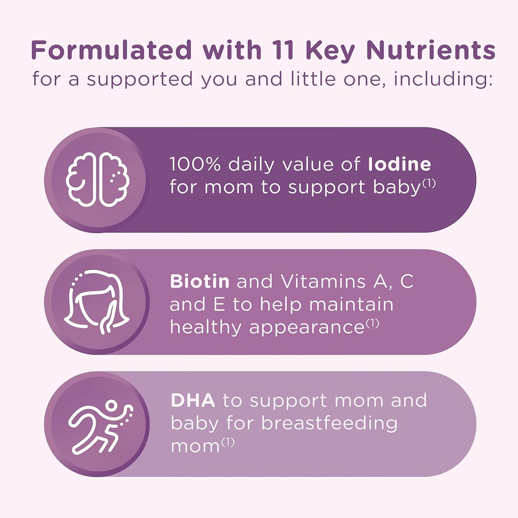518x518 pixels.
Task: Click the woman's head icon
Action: point(96,302)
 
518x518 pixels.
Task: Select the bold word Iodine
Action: point(399,165)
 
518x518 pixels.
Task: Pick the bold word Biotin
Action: point(199,282)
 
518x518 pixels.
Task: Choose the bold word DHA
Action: point(193,400)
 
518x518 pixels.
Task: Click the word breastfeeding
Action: point(329,423)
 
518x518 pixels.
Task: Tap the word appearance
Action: point(307,328)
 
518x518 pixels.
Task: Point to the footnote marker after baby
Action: point(428,184)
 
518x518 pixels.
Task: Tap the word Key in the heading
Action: point(336,51)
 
